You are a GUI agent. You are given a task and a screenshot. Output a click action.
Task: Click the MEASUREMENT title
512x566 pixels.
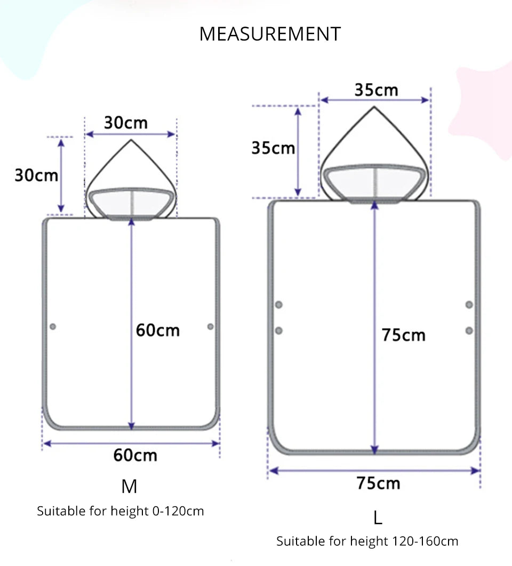tap(269, 34)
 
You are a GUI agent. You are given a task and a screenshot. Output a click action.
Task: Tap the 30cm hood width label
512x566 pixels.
tap(125, 123)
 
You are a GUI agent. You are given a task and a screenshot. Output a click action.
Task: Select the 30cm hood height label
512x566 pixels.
tap(36, 175)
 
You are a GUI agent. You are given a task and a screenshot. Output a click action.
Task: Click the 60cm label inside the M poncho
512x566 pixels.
tap(157, 330)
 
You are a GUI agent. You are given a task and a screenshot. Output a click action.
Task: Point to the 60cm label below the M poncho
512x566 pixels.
tap(135, 456)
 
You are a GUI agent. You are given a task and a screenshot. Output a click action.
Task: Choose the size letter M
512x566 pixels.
tap(130, 487)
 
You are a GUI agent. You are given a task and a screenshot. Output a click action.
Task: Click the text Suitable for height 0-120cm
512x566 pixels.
tap(121, 511)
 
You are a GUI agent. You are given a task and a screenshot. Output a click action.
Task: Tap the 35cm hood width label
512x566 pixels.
tap(376, 90)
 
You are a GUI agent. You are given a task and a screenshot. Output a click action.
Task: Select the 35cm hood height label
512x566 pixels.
tap(273, 148)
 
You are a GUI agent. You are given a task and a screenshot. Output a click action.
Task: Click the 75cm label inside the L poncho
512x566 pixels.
tap(403, 336)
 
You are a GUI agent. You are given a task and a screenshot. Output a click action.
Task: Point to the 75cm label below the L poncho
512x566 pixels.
tap(378, 483)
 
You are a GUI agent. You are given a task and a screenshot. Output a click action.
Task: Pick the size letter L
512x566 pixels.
tap(378, 517)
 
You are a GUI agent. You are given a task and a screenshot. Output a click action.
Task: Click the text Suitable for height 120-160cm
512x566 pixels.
tap(367, 541)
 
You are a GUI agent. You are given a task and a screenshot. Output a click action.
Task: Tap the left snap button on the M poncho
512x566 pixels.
tap(53, 326)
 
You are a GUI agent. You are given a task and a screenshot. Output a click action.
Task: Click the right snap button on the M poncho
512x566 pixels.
tap(210, 326)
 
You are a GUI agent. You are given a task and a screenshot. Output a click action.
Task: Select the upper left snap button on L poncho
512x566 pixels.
tap(278, 305)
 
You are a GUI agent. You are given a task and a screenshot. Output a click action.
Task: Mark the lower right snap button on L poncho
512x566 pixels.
tap(469, 331)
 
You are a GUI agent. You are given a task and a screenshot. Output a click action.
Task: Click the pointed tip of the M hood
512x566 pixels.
tap(131, 140)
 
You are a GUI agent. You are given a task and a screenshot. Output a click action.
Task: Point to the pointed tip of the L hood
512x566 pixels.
tap(374, 107)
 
